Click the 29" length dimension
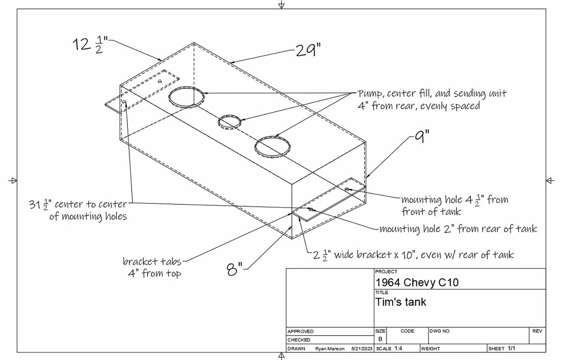click(x=308, y=50)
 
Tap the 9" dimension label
click(x=422, y=137)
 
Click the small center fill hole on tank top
click(x=229, y=122)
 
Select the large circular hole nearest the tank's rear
click(x=186, y=97)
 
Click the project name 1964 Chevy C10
click(x=417, y=282)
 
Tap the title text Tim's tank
click(x=400, y=302)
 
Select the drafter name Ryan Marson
click(x=329, y=348)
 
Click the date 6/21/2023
click(x=361, y=348)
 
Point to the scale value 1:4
click(x=398, y=348)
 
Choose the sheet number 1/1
click(x=511, y=348)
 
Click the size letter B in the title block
click(x=380, y=339)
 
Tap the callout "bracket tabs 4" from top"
click(x=153, y=267)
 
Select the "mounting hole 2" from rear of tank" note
click(x=458, y=229)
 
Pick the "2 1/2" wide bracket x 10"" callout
click(x=413, y=255)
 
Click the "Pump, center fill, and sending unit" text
click(x=432, y=94)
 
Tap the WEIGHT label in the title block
click(x=431, y=348)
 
